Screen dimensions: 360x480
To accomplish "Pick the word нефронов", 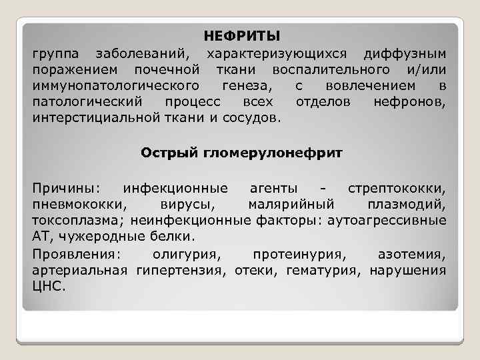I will coord(410,103).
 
